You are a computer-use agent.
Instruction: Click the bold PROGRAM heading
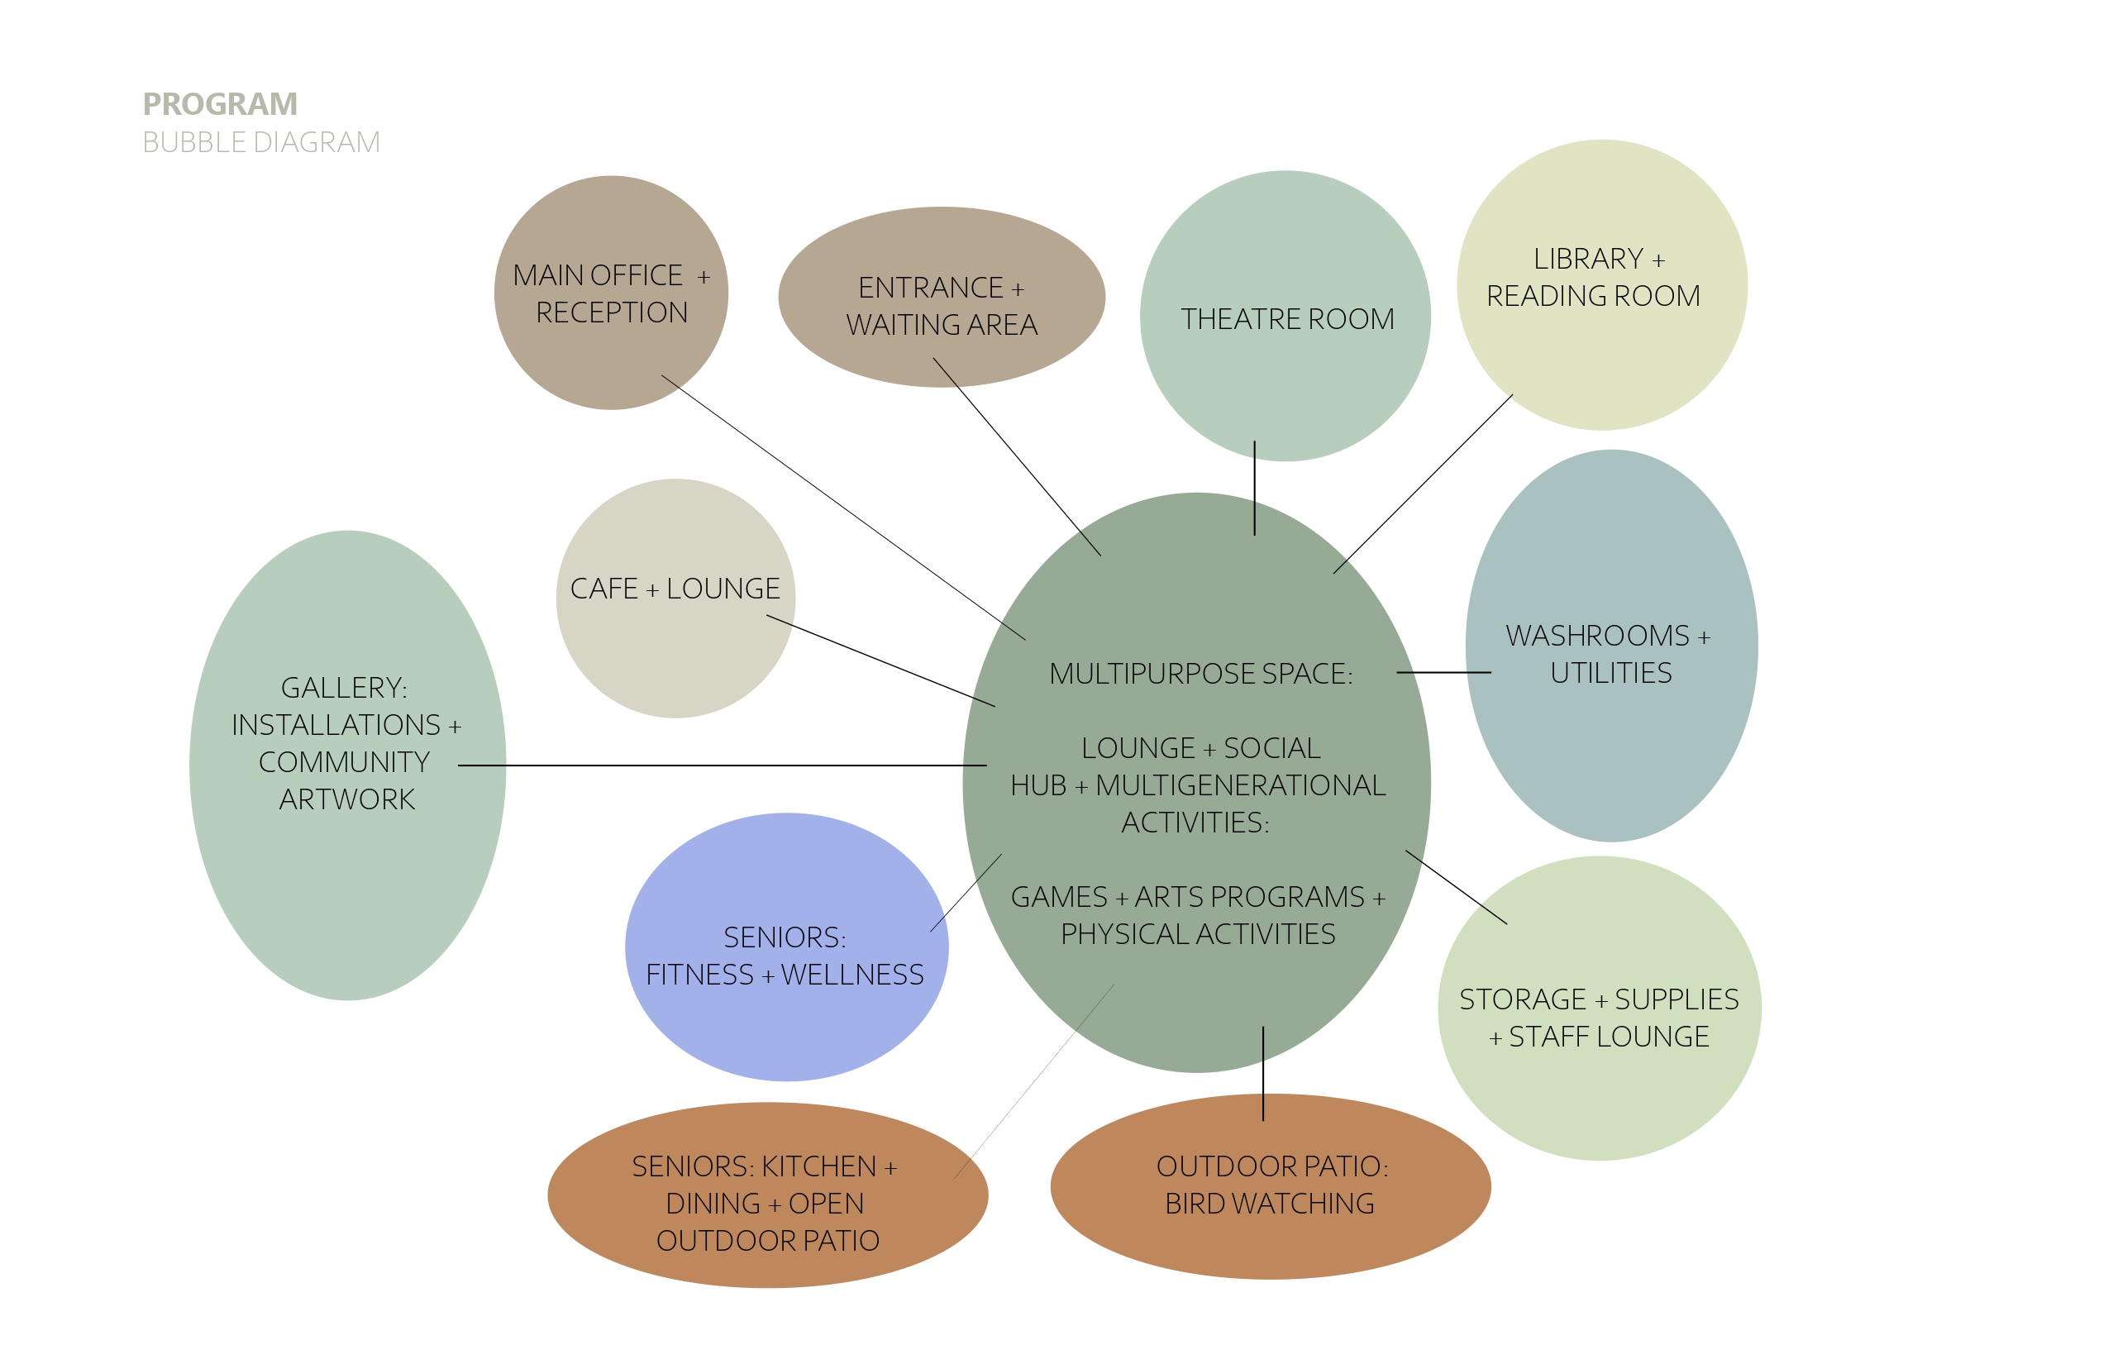(220, 104)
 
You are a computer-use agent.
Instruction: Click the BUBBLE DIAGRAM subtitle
(261, 142)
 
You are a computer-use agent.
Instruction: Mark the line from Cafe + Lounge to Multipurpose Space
(880, 661)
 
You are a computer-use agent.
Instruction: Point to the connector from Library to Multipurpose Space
(1423, 484)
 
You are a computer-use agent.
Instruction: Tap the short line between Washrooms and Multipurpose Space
(1443, 673)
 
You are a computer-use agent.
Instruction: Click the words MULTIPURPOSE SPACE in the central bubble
(1200, 674)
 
